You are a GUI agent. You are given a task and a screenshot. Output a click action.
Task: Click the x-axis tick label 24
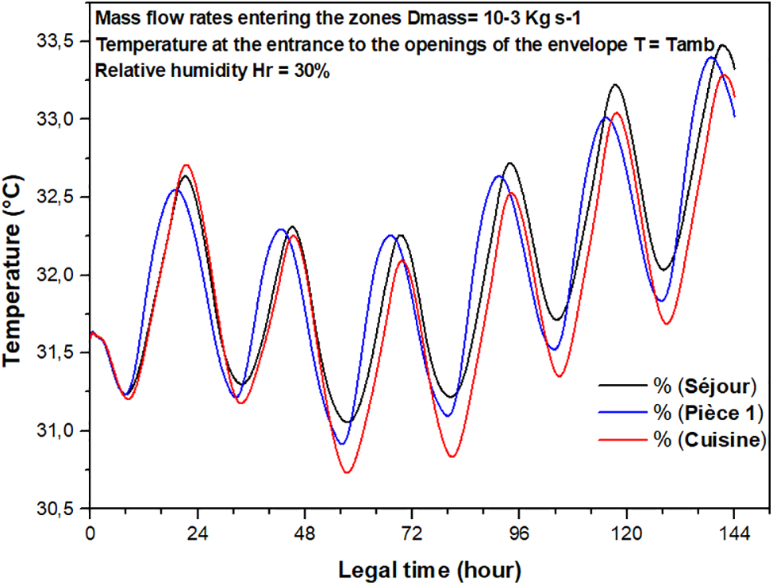(197, 534)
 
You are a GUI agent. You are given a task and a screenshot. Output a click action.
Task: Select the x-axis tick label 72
(412, 534)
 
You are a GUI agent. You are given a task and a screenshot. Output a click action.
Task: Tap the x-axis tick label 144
(734, 534)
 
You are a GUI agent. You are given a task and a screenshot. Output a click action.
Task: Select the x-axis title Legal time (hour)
(429, 569)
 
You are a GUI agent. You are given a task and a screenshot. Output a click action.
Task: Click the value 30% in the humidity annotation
(313, 70)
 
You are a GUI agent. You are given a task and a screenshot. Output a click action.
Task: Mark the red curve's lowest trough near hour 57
(347, 472)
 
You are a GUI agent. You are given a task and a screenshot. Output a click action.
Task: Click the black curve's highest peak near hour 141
(722, 46)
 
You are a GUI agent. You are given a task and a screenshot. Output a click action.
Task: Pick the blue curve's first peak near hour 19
(174, 190)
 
